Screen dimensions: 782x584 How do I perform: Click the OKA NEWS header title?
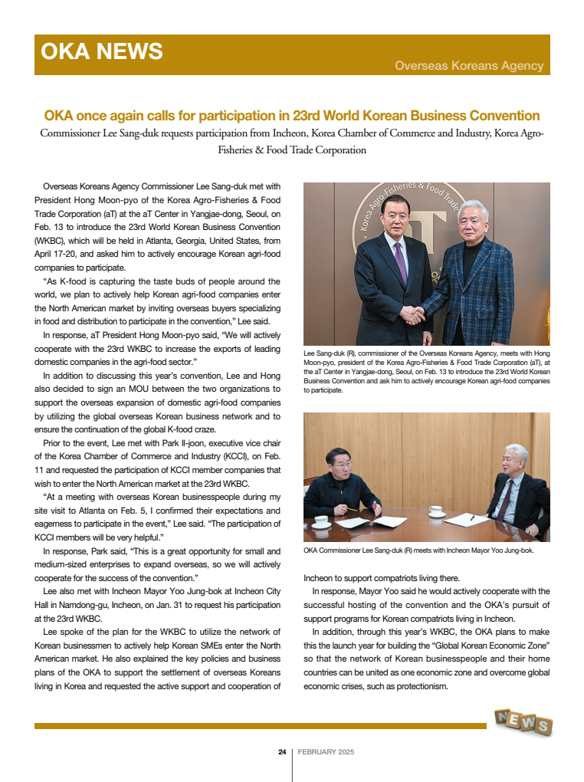102,51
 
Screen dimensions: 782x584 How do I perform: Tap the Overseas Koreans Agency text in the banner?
469,66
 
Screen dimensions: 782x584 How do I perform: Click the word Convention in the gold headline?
501,116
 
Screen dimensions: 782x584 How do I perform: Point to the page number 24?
282,752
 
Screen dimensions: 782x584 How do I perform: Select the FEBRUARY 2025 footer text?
326,752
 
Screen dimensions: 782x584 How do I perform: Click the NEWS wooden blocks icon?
523,722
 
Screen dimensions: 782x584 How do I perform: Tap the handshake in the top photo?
415,314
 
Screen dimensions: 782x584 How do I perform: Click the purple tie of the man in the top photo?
400,261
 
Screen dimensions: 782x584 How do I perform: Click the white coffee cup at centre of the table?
437,511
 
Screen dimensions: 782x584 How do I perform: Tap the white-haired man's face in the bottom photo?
514,461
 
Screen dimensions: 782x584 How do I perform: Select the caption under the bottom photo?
418,550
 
